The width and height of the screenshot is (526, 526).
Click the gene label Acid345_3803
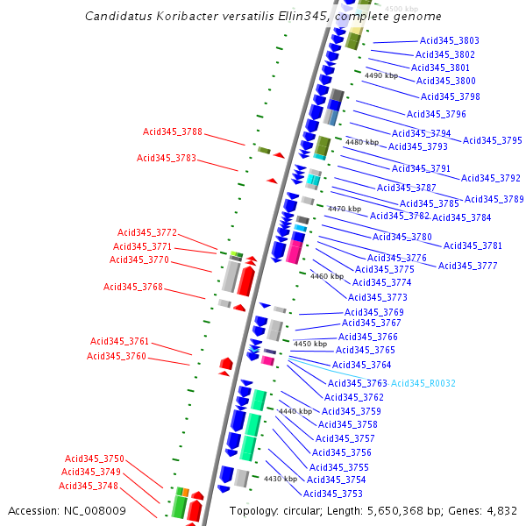tap(450, 40)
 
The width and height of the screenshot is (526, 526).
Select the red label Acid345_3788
tap(173, 131)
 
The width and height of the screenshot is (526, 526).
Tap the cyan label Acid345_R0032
tap(423, 383)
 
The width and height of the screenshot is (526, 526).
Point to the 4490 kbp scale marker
tap(381, 76)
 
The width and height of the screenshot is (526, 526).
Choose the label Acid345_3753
tap(334, 494)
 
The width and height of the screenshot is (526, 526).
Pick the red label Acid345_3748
tap(89, 486)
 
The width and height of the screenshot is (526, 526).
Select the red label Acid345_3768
tap(133, 287)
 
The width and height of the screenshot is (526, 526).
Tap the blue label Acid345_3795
tap(493, 140)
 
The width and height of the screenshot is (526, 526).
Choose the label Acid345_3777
tap(468, 266)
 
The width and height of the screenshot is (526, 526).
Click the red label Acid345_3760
tap(117, 356)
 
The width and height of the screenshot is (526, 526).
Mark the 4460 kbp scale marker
tap(327, 276)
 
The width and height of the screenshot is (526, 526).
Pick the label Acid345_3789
tap(494, 199)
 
